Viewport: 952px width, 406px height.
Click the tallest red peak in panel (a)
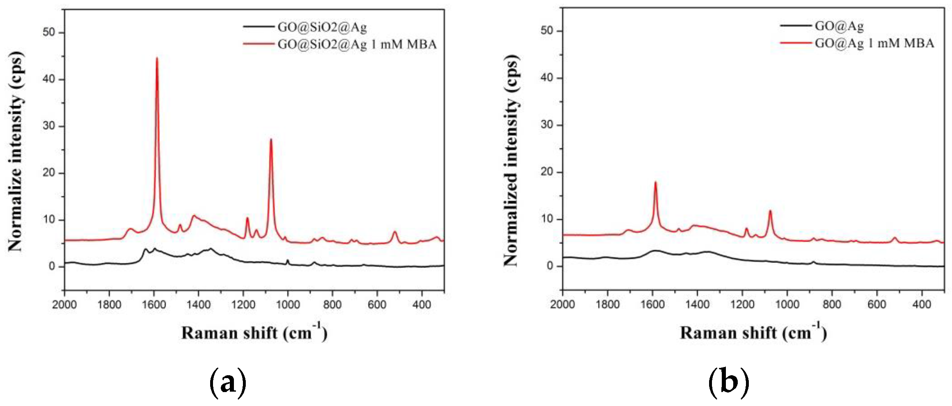156,58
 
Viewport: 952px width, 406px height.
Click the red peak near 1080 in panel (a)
271,139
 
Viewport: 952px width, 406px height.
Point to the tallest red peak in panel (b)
655,182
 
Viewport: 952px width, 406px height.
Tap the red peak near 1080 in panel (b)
770,211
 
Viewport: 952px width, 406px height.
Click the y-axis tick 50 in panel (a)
48,32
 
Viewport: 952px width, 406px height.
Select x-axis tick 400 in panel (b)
922,304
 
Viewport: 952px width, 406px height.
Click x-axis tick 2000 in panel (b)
563,304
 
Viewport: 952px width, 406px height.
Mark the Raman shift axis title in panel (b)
753,333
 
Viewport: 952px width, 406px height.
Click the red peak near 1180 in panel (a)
247,218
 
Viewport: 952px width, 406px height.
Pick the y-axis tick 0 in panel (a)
52,267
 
